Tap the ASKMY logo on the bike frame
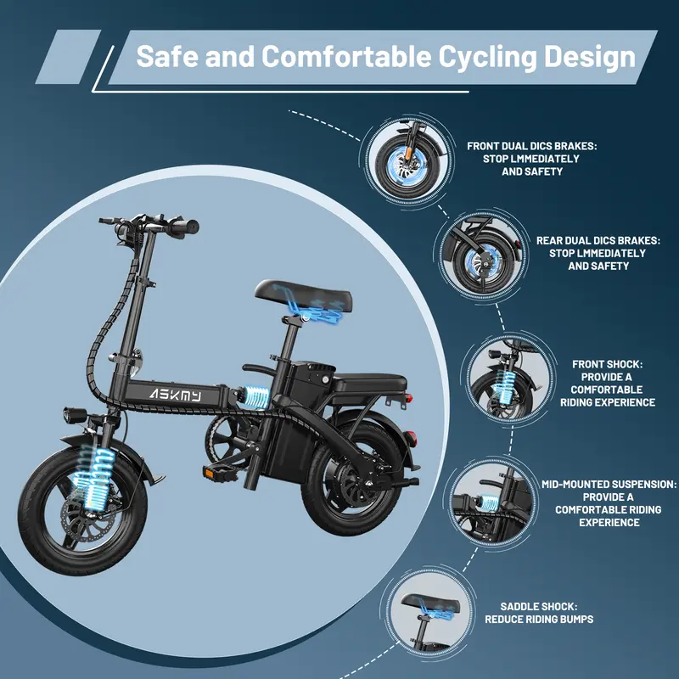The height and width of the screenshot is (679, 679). pyautogui.click(x=173, y=396)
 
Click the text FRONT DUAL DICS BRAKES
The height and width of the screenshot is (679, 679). pyautogui.click(x=532, y=146)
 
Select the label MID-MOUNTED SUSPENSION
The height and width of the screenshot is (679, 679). pyautogui.click(x=609, y=484)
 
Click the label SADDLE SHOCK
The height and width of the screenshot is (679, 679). pyautogui.click(x=539, y=607)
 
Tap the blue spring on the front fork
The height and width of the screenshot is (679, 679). pyautogui.click(x=93, y=476)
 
